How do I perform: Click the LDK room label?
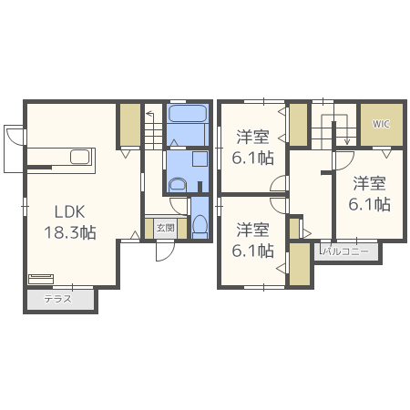pos(69,212)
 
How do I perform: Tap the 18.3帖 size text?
pos(70,232)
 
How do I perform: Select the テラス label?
pos(57,299)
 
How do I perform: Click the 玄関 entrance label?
pos(166,228)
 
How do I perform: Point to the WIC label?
pos(381,124)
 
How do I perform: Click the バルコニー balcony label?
pos(345,251)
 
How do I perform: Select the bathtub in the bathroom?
pos(188,114)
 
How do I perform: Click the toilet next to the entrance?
pos(200,227)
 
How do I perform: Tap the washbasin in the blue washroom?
pos(178,184)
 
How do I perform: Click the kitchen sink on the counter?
pos(80,157)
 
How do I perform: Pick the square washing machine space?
pos(200,159)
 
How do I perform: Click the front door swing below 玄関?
pos(165,251)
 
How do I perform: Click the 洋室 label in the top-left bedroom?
pos(252,137)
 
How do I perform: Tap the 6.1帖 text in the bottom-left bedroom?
pos(253,251)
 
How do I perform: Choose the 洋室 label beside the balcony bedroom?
pos(369,183)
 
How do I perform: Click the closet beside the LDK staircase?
pos(130,125)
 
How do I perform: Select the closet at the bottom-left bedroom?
pos(300,264)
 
